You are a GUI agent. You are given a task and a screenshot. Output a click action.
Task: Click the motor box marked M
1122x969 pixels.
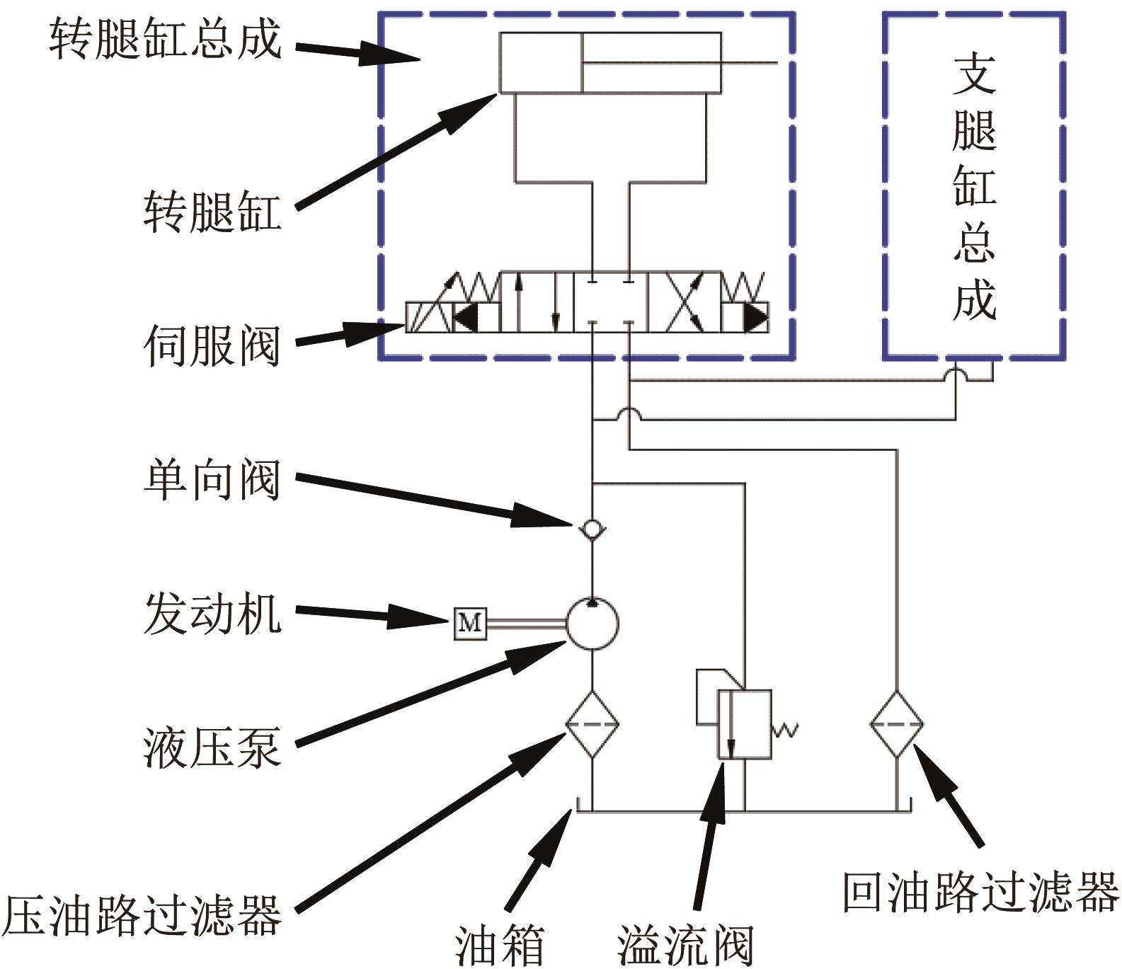470,623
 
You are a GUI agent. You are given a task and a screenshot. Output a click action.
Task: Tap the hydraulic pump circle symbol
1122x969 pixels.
592,624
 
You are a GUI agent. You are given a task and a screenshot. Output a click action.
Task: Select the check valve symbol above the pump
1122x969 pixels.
592,528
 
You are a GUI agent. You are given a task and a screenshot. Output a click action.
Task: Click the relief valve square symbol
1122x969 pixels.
744,725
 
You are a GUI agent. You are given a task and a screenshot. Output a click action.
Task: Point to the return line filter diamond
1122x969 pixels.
897,724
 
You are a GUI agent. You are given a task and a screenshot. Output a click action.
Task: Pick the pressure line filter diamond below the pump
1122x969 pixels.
592,724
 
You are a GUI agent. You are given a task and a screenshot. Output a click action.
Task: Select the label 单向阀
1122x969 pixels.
212,480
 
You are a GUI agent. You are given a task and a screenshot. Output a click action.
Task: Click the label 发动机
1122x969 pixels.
212,613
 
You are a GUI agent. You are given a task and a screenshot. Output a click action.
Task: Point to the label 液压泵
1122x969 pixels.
212,747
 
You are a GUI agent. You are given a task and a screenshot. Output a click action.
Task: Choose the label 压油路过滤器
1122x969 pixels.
142,914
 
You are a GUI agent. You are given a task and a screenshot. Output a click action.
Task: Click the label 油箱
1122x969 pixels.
500,946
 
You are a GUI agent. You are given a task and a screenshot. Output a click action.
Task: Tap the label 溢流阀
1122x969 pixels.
685,946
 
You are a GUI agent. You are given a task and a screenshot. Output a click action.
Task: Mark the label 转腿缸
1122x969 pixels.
212,211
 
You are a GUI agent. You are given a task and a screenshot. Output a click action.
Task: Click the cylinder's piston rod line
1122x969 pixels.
680,62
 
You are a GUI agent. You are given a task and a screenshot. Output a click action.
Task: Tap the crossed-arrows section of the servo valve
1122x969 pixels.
684,302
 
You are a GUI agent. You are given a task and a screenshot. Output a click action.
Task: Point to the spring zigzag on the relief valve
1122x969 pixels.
785,730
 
